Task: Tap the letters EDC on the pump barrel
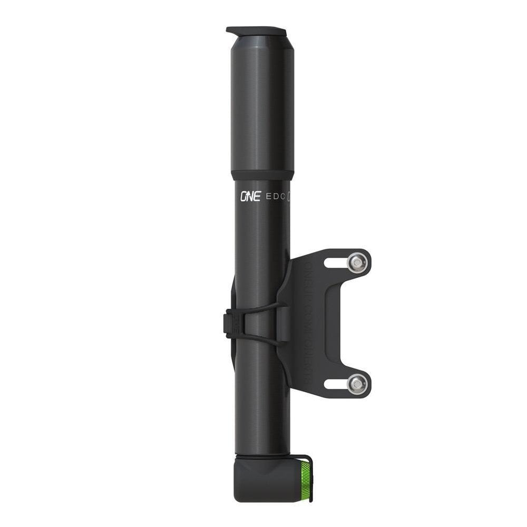(x=274, y=197)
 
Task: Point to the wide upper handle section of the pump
(x=261, y=105)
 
